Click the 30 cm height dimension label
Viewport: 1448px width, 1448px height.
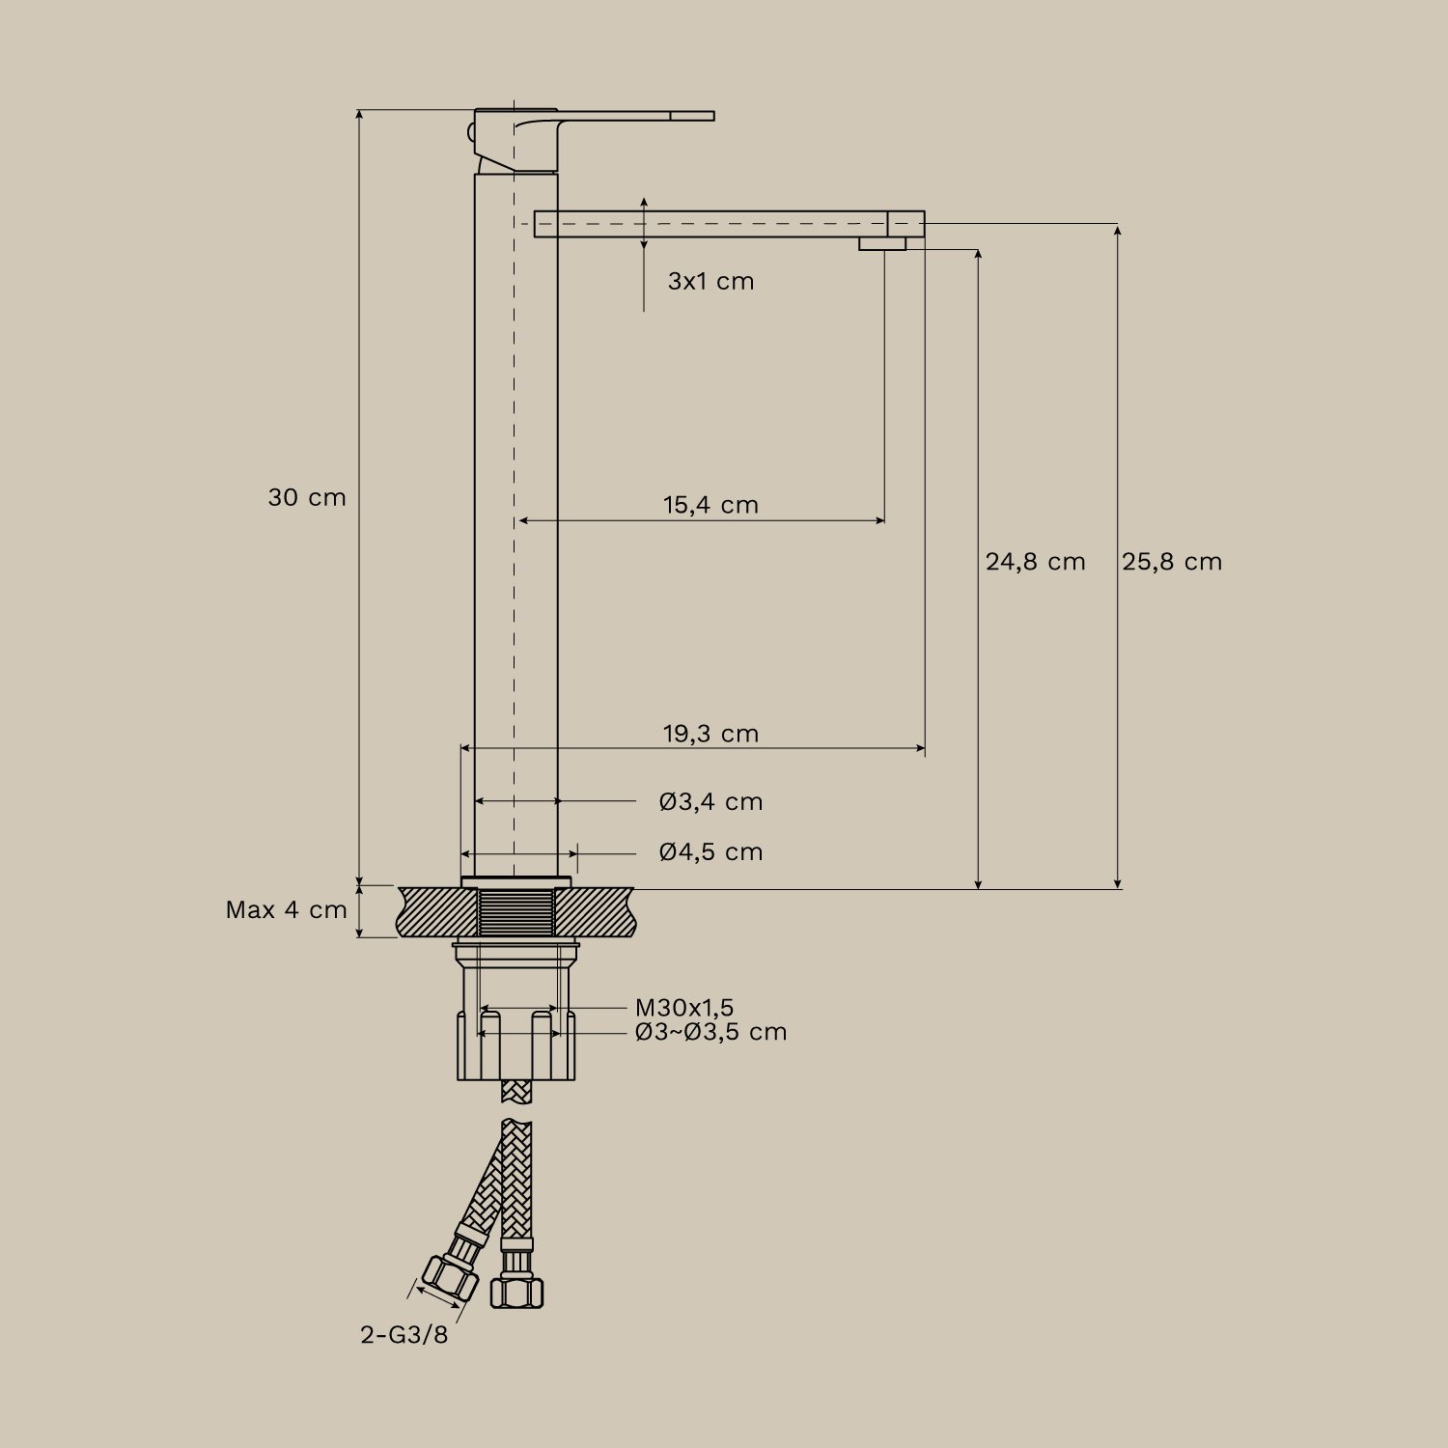tap(306, 498)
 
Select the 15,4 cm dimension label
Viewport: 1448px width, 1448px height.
tap(710, 505)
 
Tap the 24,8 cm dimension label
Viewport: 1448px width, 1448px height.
tap(1035, 562)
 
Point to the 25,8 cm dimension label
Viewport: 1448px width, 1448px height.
tap(1172, 562)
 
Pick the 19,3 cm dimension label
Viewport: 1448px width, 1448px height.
tap(710, 734)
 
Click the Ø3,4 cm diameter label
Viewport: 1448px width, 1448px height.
tap(710, 802)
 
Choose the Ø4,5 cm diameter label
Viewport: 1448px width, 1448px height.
tap(710, 852)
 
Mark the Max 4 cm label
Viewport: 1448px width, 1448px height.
tap(286, 910)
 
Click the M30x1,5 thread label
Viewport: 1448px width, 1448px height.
tap(684, 1009)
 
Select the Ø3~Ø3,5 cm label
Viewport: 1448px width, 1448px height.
tap(710, 1032)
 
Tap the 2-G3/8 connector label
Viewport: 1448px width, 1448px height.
tap(404, 1335)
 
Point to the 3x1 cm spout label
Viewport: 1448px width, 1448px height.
tap(710, 282)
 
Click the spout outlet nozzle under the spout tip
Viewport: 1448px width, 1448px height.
tap(882, 244)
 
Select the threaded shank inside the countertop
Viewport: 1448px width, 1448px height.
tap(517, 912)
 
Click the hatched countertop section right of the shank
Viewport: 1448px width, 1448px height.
tap(594, 912)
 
